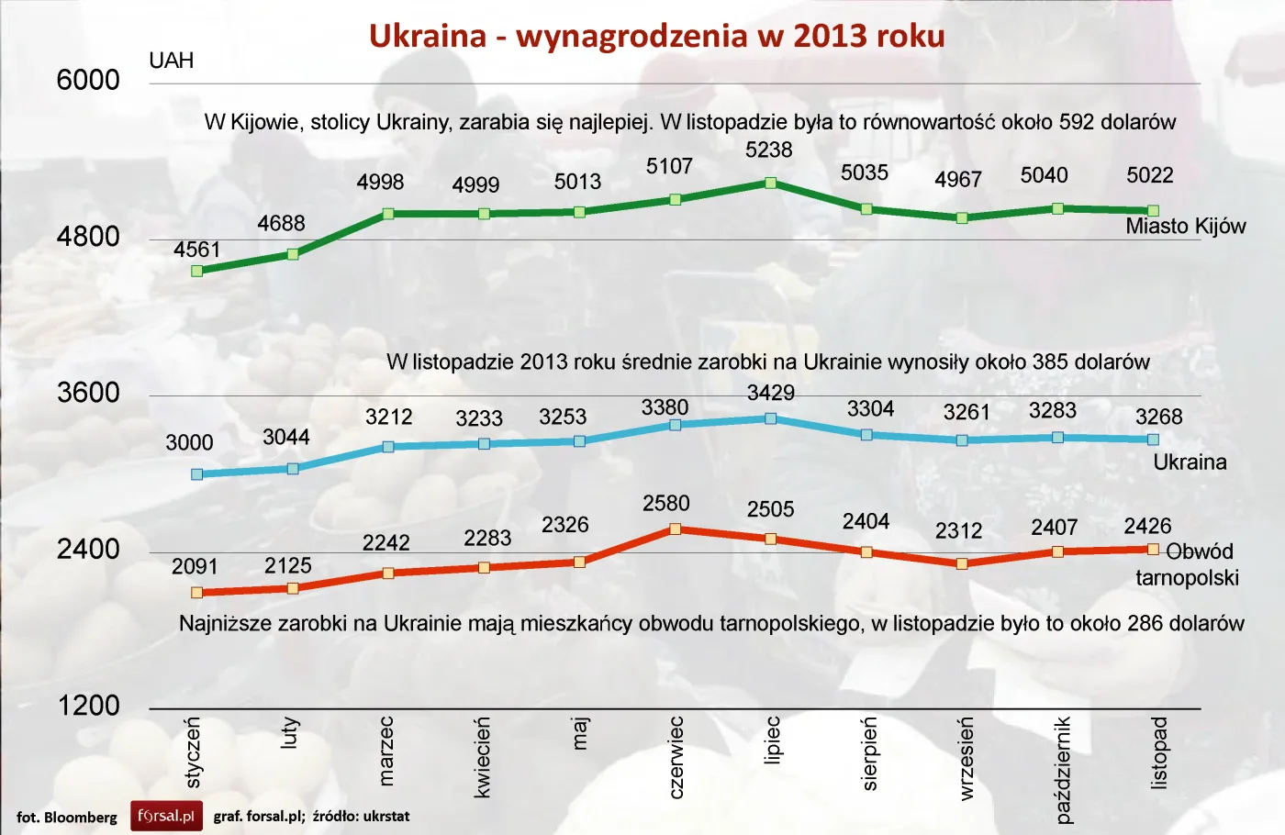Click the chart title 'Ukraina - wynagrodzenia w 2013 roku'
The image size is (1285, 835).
click(656, 36)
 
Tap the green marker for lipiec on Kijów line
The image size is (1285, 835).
click(770, 184)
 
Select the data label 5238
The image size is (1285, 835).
click(768, 150)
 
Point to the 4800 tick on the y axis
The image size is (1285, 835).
click(88, 237)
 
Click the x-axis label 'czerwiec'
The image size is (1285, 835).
click(676, 757)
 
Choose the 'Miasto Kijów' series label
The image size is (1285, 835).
click(1185, 227)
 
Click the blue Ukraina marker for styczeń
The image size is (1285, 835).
click(196, 474)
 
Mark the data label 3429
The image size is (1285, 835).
click(770, 394)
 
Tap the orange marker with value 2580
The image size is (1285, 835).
click(675, 529)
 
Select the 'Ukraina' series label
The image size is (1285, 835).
click(1190, 462)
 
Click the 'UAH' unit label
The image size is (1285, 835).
click(172, 61)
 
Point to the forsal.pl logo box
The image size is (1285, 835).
click(166, 816)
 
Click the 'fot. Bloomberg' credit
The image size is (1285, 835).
click(67, 817)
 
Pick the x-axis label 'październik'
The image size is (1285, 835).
click(1063, 770)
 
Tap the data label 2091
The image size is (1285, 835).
click(195, 567)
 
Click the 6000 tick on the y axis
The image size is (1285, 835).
click(88, 81)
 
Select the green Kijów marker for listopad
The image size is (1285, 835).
click(1153, 211)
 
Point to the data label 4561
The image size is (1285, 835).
click(197, 250)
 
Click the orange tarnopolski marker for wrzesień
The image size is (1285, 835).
click(962, 563)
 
